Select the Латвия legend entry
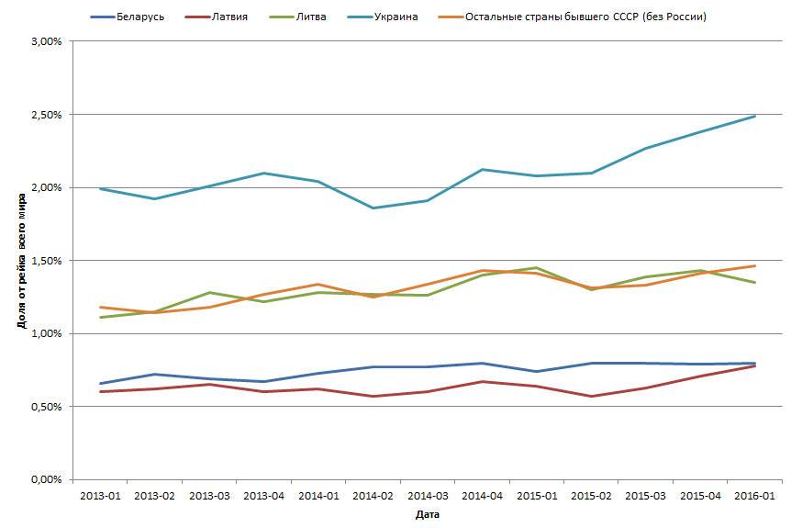tap(228, 17)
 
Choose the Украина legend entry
tap(395, 17)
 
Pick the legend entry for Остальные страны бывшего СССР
tap(586, 17)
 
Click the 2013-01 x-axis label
tap(99, 496)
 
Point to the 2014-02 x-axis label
tap(373, 496)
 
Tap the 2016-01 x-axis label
tap(754, 496)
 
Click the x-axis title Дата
tap(427, 515)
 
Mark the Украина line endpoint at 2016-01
tap(754, 116)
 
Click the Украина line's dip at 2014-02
tap(373, 208)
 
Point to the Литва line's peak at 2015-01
tap(536, 268)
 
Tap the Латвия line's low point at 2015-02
tap(591, 397)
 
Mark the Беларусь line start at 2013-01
tap(99, 384)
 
